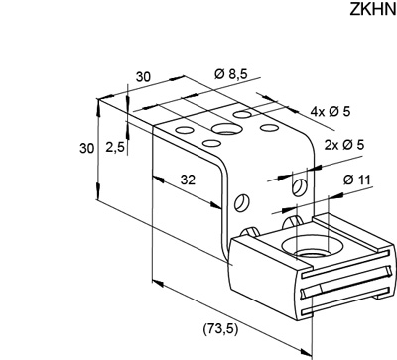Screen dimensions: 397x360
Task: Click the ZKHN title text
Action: coord(372,10)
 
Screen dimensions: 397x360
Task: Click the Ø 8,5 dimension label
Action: coord(231,74)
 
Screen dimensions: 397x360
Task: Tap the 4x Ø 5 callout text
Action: coord(330,112)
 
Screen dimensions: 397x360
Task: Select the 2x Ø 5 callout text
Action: coord(344,145)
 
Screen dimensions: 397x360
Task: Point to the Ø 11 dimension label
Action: coord(357,180)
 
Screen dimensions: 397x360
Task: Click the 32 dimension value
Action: coord(188,180)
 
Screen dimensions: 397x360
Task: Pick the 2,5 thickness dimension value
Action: coord(115,147)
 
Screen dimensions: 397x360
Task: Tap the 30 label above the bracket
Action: coord(143,76)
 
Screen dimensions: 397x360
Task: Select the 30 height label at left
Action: coord(86,149)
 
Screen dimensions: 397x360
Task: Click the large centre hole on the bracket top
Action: coord(225,128)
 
